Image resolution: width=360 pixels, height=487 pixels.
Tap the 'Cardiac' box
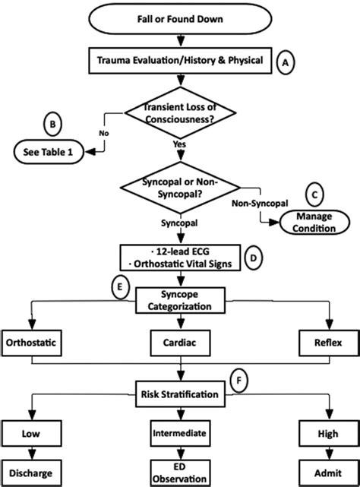(x=180, y=343)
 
